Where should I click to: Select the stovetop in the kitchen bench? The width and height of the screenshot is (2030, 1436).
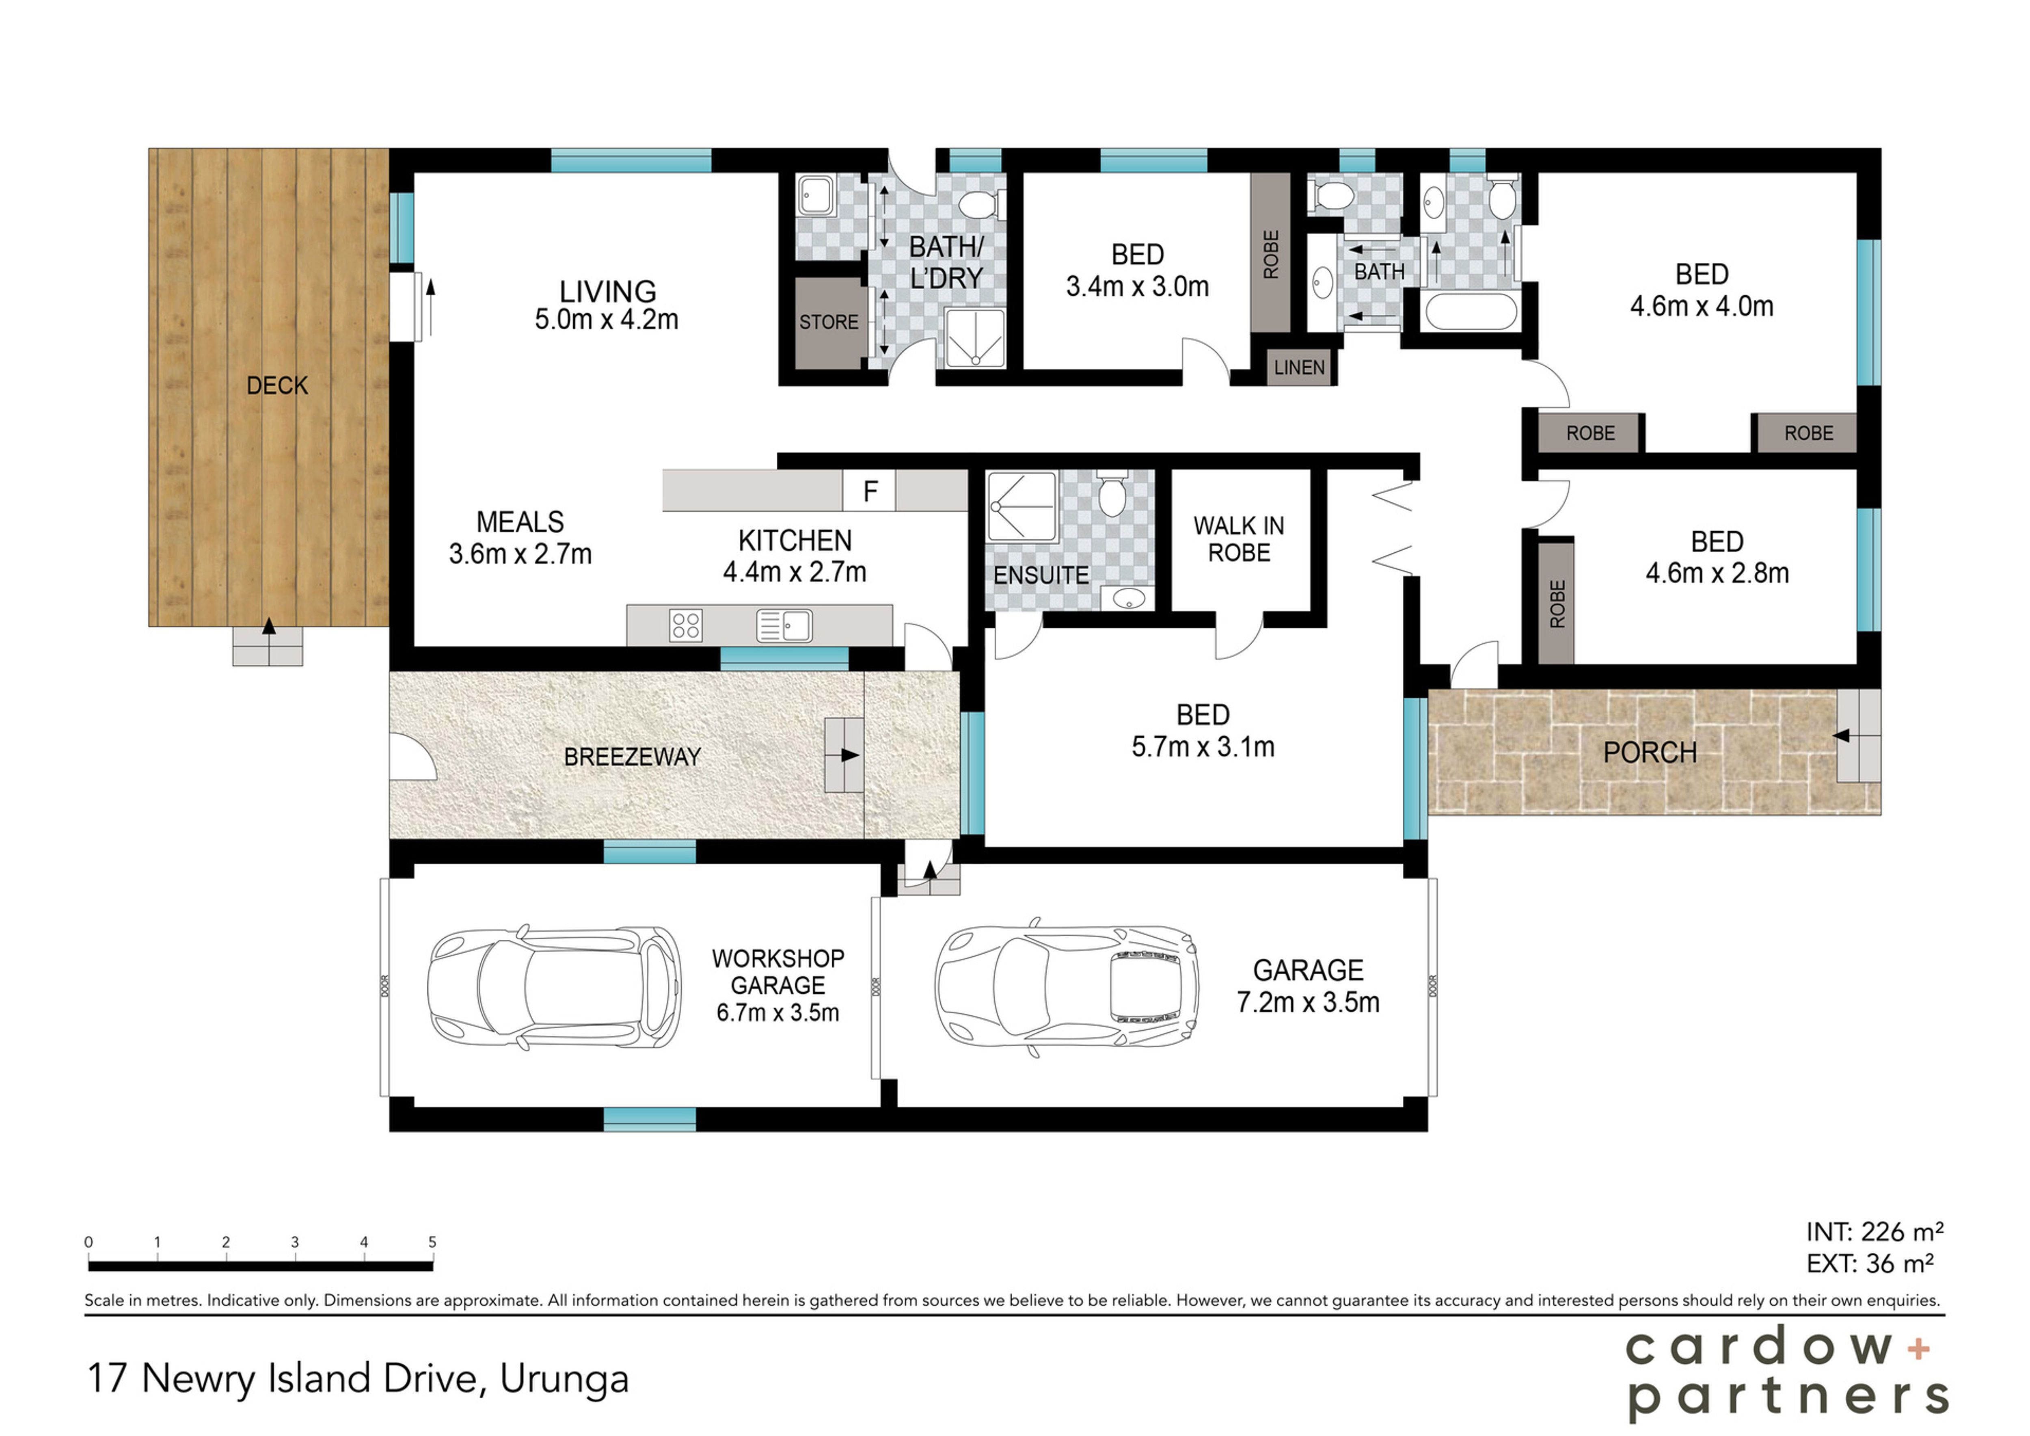tap(686, 625)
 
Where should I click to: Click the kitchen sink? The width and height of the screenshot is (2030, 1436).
tap(784, 625)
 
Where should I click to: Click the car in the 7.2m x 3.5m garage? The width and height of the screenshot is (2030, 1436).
tap(1067, 986)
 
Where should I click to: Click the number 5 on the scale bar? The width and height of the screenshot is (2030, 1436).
tap(432, 1242)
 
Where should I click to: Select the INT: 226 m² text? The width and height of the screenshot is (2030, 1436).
tap(1875, 1232)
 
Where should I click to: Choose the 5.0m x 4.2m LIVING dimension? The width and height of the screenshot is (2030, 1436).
tap(607, 319)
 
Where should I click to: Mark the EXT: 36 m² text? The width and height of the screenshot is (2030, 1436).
tap(1870, 1263)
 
